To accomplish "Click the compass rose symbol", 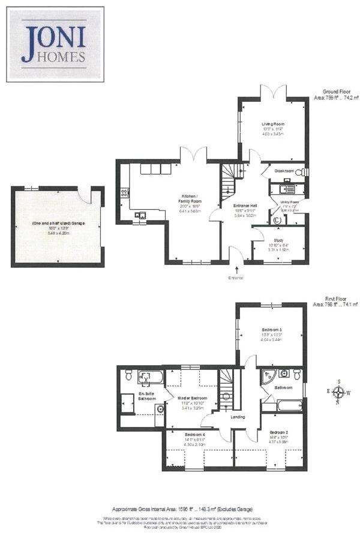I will [x=339, y=392].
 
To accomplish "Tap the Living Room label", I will [x=272, y=124].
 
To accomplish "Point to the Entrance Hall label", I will [x=245, y=206].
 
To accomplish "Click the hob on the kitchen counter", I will [x=125, y=192].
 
